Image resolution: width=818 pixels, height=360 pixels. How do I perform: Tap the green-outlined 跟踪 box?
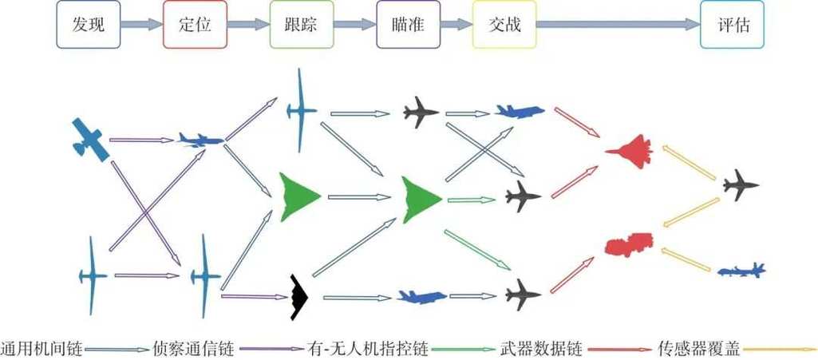coord(300,25)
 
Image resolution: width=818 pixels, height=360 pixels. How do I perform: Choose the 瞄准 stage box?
coord(406,25)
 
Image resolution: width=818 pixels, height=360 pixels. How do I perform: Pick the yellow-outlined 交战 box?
coord(504,25)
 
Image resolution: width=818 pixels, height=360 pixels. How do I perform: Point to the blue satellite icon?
coord(89,140)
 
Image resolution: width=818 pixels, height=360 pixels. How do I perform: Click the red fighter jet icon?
coord(630,149)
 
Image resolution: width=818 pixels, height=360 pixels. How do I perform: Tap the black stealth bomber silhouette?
coord(299,297)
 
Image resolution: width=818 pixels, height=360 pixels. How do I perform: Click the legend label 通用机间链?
coord(40,349)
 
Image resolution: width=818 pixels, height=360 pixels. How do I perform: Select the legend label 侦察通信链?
coord(192,349)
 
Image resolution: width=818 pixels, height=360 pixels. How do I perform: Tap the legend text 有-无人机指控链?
coord(368,349)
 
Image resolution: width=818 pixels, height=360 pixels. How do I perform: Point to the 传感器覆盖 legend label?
coord(698,349)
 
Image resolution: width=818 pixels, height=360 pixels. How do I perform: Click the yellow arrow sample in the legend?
coord(778,349)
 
